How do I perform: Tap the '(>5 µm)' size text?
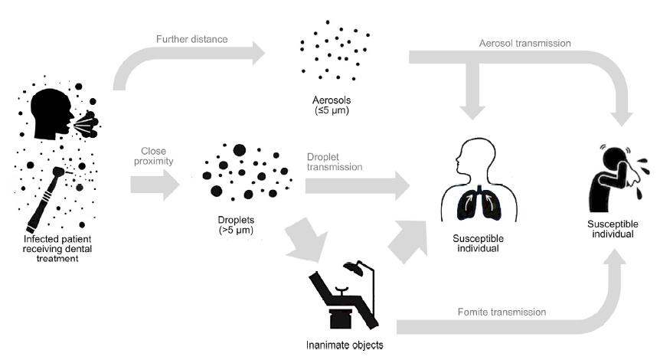235,230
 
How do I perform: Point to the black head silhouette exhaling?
54,111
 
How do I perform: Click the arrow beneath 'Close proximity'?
154,185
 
